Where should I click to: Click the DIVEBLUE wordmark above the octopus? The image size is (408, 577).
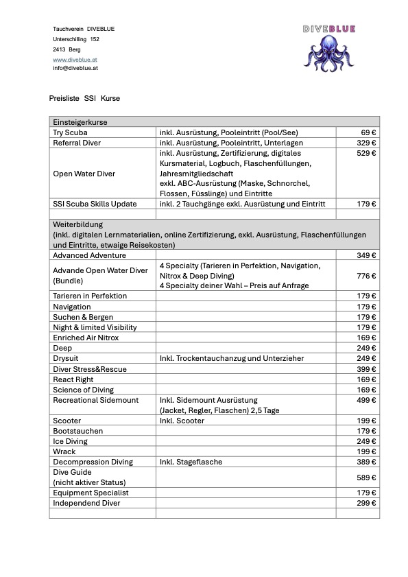coord(330,29)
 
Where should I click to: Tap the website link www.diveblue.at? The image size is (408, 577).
coord(75,60)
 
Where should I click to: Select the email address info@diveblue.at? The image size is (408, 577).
coord(75,69)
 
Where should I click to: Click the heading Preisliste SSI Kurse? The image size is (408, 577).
coord(84,99)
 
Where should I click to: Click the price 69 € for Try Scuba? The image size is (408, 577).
coord(368,132)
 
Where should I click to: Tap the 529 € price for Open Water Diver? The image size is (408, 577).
coord(367,153)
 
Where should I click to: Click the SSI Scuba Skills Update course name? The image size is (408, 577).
coord(95,204)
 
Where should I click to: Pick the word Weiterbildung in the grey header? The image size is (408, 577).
coord(77,224)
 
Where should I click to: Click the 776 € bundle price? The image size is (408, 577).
coord(367,276)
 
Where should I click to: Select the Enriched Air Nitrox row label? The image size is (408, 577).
coord(86,338)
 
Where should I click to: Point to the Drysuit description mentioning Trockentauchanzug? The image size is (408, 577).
coord(231,358)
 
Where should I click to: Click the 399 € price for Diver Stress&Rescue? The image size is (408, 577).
coord(367,369)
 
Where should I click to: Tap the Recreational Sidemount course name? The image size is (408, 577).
coord(95,400)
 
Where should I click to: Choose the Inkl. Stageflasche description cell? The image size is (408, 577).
coord(191,462)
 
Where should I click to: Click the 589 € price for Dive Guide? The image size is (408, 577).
coord(367,478)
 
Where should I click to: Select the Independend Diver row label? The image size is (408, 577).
coord(86,503)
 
